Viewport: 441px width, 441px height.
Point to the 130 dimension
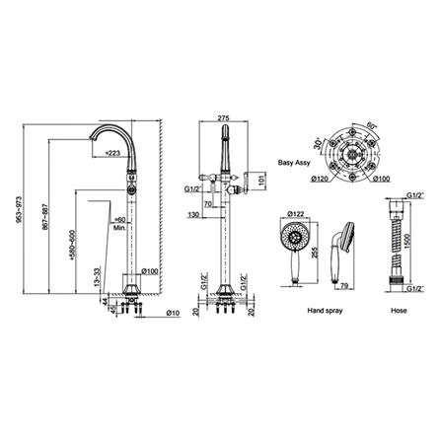click(x=197, y=214)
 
